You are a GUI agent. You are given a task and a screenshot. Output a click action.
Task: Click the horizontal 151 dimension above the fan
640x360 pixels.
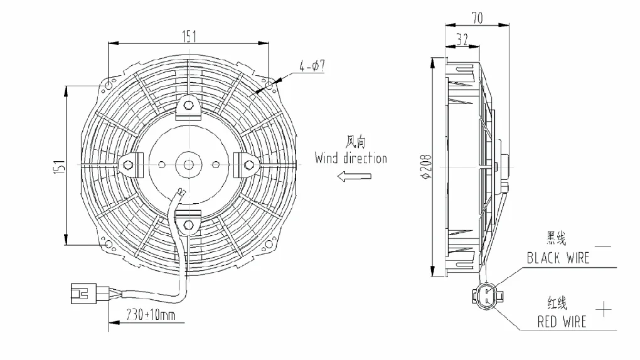(189, 36)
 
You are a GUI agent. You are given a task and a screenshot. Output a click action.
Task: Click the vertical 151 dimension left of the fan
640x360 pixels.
(59, 166)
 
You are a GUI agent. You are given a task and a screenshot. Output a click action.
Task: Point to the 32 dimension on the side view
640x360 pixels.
(462, 40)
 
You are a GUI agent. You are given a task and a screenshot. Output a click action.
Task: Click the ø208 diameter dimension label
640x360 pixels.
(426, 167)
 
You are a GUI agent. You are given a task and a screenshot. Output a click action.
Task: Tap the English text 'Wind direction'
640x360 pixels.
(351, 158)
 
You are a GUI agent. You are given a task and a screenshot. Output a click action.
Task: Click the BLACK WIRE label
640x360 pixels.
(558, 258)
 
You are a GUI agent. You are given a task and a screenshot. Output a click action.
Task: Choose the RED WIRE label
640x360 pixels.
(562, 322)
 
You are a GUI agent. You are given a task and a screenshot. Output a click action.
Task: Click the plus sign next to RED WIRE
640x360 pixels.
(604, 308)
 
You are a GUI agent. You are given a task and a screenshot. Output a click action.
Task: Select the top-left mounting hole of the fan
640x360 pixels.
(109, 85)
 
